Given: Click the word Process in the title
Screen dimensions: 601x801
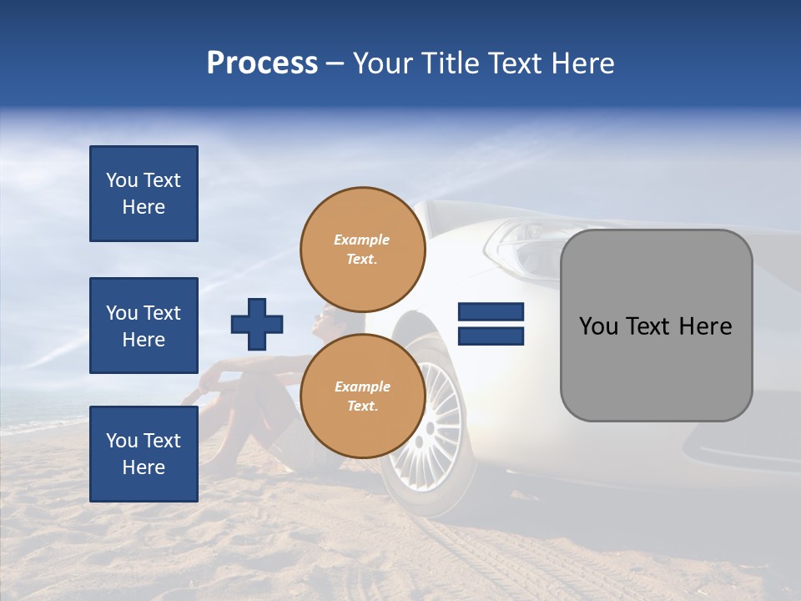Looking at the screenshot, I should click(x=262, y=63).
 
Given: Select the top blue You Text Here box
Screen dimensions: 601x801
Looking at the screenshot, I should click(x=144, y=194).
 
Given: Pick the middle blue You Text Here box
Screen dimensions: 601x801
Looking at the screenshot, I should click(x=144, y=326).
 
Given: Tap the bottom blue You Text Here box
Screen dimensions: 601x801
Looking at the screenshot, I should click(x=144, y=454).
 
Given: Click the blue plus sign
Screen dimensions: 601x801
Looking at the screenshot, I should click(x=257, y=324).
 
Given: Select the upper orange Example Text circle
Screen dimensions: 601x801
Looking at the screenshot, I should click(x=363, y=250).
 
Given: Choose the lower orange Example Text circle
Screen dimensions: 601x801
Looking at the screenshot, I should click(x=363, y=396).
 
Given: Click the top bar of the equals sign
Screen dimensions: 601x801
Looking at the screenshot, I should click(x=491, y=312).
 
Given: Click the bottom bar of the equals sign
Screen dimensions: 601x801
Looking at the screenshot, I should click(x=491, y=336).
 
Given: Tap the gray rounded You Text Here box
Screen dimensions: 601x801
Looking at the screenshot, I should click(x=656, y=326).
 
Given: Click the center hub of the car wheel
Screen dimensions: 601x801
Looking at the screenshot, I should click(x=431, y=427).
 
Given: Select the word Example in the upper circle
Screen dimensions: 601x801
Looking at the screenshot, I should click(x=362, y=240).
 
